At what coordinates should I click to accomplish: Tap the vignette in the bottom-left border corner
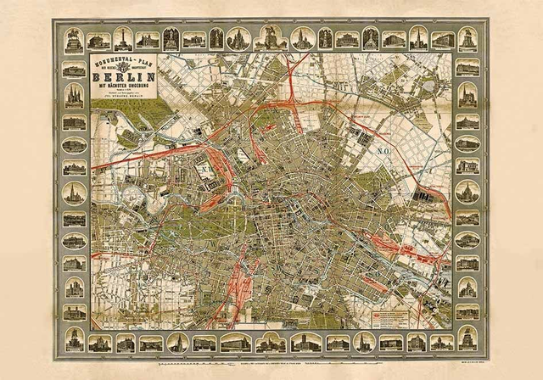point(74,340)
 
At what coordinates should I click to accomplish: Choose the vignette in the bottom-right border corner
point(467,340)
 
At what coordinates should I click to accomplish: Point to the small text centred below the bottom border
point(271,360)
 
